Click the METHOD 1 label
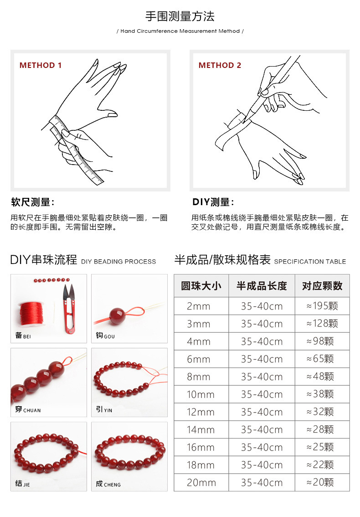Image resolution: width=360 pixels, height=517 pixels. point(40,65)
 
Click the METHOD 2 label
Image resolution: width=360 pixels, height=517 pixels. point(220,65)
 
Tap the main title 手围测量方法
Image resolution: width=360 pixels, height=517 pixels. point(180,16)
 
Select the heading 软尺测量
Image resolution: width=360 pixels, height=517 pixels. point(32,202)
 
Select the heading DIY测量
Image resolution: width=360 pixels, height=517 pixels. point(213,202)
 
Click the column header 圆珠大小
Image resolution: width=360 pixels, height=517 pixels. point(201,286)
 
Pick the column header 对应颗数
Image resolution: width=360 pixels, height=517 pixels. point(322,286)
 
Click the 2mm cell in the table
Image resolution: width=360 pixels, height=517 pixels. point(199,306)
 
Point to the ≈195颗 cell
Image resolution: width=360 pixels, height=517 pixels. point(322,306)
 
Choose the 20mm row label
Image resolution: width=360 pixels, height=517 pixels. point(201,482)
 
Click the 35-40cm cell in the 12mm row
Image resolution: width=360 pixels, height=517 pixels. point(262,412)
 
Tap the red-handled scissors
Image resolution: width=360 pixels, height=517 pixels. point(69,308)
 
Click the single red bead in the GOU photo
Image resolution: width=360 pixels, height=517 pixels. point(117,315)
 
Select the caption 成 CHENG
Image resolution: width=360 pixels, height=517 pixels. point(108,484)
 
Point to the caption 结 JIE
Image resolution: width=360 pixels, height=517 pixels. point(22,484)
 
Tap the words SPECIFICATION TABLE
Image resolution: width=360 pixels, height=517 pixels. point(310,262)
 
